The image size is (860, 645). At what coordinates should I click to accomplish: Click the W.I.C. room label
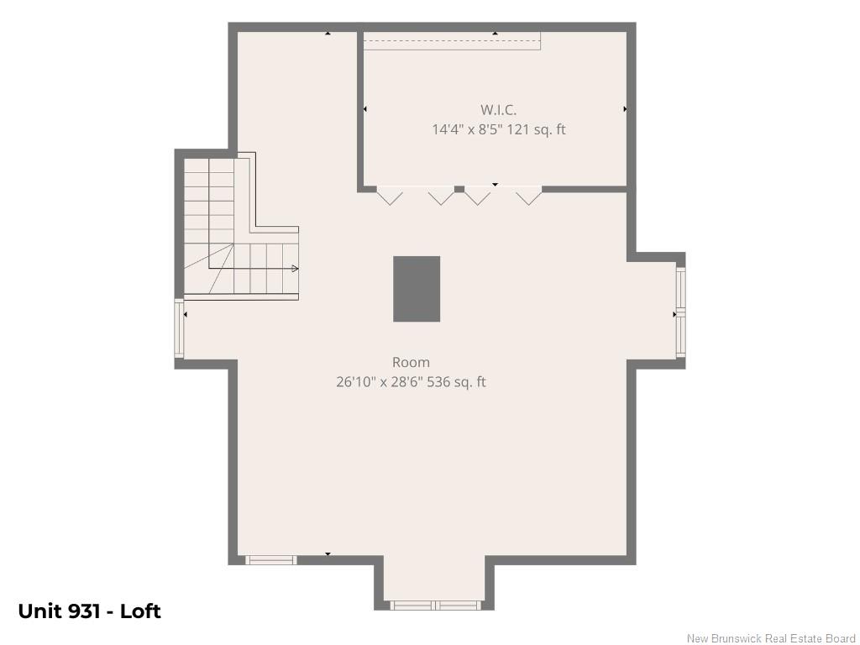[498, 110]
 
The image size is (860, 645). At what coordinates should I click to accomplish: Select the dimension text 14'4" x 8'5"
[467, 130]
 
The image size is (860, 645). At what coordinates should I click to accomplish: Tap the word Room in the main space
[411, 362]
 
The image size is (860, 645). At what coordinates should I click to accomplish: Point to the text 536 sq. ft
[456, 382]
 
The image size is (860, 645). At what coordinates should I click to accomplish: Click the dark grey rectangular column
[417, 289]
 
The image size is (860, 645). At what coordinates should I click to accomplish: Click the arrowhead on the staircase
[295, 268]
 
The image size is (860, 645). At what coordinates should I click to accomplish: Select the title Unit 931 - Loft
[89, 611]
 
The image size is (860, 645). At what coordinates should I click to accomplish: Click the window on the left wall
[179, 328]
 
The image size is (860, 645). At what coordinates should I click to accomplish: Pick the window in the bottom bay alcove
[436, 606]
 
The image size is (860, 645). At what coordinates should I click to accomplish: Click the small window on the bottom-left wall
[270, 560]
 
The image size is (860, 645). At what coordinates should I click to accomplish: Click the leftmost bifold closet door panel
[390, 197]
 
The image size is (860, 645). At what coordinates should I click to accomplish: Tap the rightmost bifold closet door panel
[529, 197]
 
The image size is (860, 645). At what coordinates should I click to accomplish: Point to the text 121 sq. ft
[536, 130]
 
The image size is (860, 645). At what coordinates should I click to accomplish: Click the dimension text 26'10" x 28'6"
[379, 382]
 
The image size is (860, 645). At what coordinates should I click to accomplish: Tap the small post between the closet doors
[459, 189]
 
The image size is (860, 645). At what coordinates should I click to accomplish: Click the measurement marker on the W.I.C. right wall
[625, 109]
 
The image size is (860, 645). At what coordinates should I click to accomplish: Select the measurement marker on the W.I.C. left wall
[365, 109]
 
